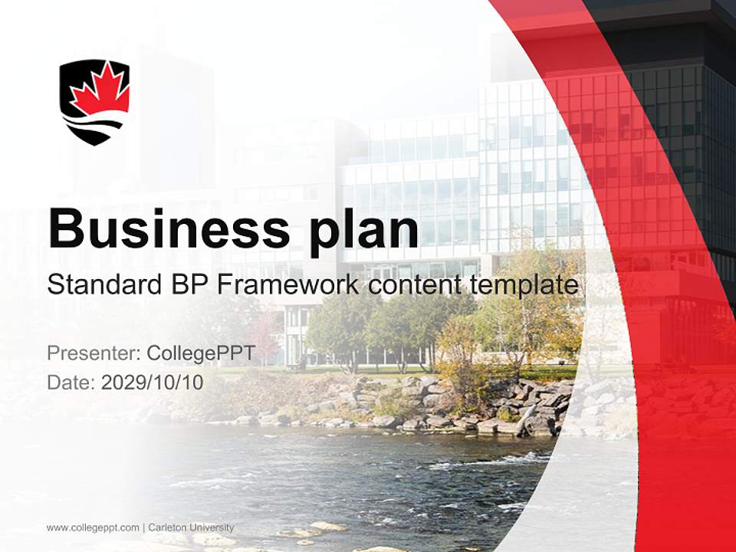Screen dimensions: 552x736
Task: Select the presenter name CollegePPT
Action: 200,354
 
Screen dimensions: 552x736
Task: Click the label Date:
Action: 71,382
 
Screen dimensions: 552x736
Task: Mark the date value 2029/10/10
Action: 153,382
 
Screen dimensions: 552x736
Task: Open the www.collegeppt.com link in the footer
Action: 93,527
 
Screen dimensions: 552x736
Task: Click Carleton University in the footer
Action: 191,527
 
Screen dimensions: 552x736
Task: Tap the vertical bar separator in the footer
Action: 143,527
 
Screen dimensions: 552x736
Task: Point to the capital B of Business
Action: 66,228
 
